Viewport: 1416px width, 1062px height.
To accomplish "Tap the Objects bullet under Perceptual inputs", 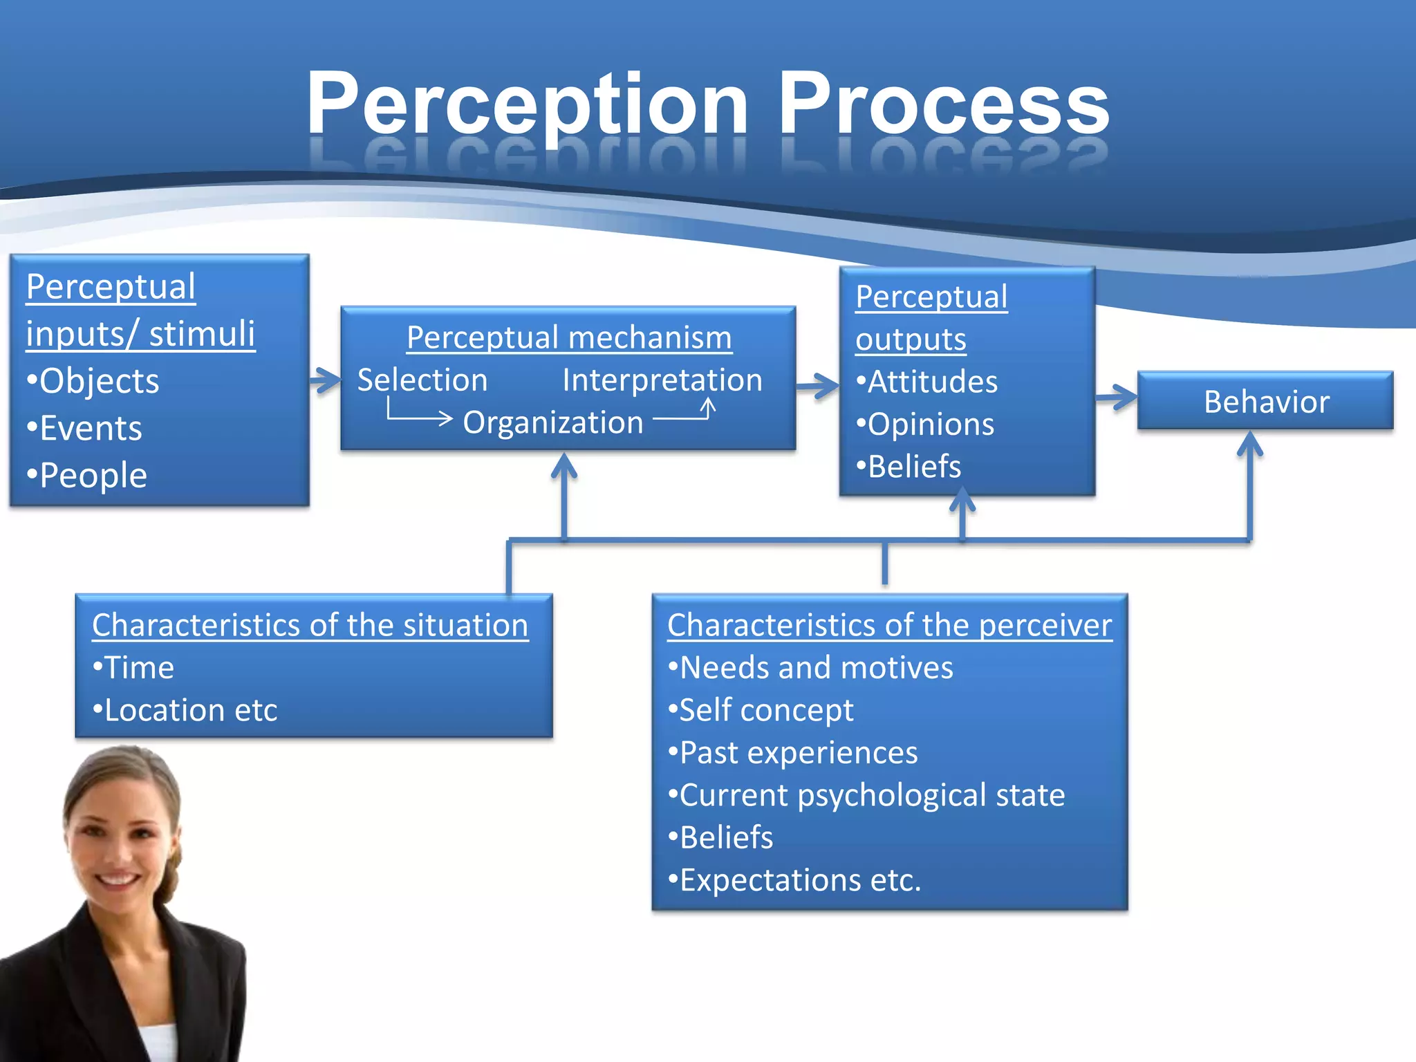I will (x=93, y=381).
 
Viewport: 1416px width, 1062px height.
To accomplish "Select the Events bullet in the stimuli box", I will (x=85, y=428).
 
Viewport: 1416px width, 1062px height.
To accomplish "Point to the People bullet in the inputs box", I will (x=88, y=476).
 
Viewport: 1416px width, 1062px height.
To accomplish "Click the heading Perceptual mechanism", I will (x=568, y=338).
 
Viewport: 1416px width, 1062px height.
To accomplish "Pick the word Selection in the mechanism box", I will (x=422, y=380).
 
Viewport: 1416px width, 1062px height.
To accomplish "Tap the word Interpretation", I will (x=662, y=380).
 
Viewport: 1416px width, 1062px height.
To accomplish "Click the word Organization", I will (x=552, y=422).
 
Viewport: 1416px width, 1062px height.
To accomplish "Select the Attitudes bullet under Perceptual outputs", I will (x=927, y=382).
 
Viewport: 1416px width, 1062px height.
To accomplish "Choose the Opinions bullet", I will (x=925, y=425).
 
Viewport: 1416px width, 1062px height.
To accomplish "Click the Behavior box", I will (x=1265, y=401).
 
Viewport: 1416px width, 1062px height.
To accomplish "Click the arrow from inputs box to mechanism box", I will (x=325, y=380).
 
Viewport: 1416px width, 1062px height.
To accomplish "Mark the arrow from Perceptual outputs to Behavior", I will (x=1116, y=397).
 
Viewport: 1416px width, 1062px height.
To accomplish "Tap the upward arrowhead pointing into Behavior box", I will (x=1249, y=444).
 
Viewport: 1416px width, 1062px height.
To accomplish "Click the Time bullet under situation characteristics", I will (x=133, y=668).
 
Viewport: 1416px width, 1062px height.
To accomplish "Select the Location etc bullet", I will (x=185, y=711).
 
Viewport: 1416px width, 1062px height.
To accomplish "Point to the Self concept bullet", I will (x=761, y=711).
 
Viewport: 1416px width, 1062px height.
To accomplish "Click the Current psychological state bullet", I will (x=866, y=795).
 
